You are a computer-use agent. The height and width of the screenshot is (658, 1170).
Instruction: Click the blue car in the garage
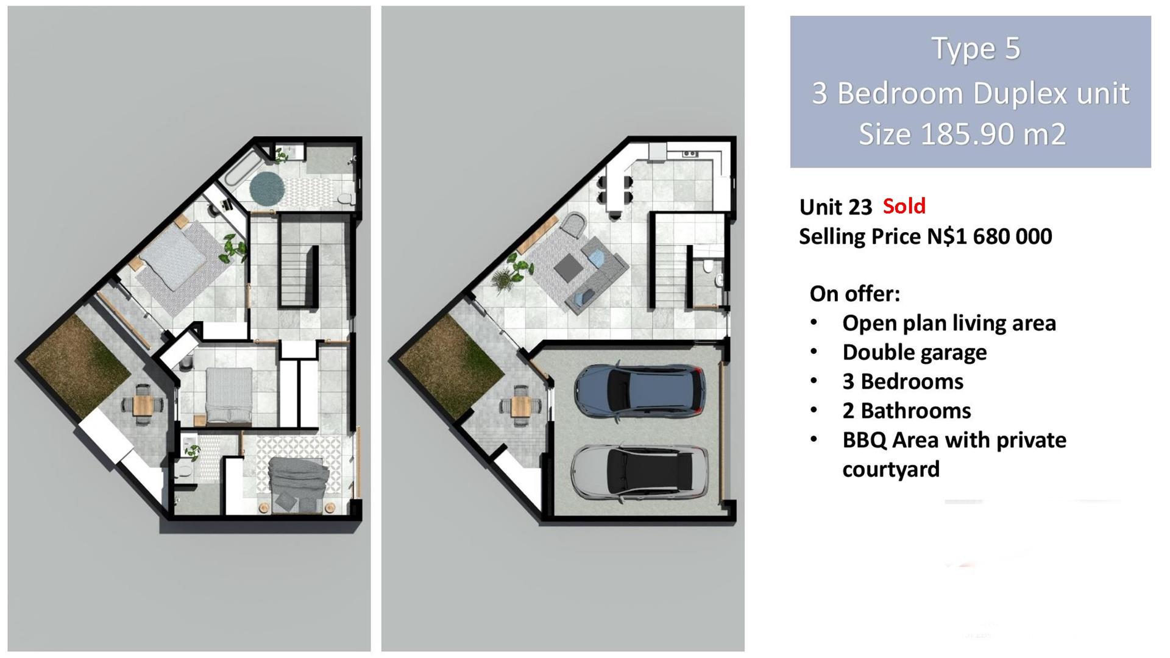[x=640, y=392]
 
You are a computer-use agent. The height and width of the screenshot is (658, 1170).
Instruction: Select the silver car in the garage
[x=640, y=472]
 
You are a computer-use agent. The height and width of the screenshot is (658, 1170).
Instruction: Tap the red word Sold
[x=904, y=206]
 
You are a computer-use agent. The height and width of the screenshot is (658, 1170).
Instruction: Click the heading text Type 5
[x=976, y=49]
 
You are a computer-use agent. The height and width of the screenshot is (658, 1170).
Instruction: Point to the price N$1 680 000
[x=990, y=236]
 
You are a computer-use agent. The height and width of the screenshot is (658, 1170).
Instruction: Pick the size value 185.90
[x=962, y=134]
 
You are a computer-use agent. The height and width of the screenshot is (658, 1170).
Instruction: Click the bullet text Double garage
[x=915, y=353]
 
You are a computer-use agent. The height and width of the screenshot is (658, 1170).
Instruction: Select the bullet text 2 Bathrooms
[x=907, y=411]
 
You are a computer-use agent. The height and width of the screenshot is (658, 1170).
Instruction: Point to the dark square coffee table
[x=567, y=267]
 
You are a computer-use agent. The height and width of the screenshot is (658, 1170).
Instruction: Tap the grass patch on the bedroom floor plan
[x=77, y=366]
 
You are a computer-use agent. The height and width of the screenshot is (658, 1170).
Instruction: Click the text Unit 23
[x=835, y=207]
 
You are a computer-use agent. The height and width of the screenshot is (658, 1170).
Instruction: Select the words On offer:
[x=854, y=294]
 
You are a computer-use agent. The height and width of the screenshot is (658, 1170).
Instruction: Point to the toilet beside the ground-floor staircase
[x=708, y=266]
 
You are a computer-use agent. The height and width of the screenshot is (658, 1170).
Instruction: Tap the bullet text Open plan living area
[x=949, y=324]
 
